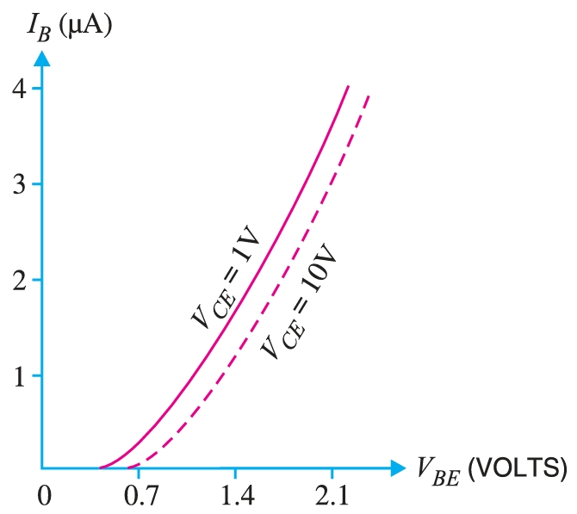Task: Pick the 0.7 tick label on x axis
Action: [x=139, y=496]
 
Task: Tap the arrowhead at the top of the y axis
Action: [x=41, y=59]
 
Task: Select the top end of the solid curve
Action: [x=348, y=86]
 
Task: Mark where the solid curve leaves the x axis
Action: [x=99, y=468]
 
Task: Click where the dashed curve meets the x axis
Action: [x=127, y=468]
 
